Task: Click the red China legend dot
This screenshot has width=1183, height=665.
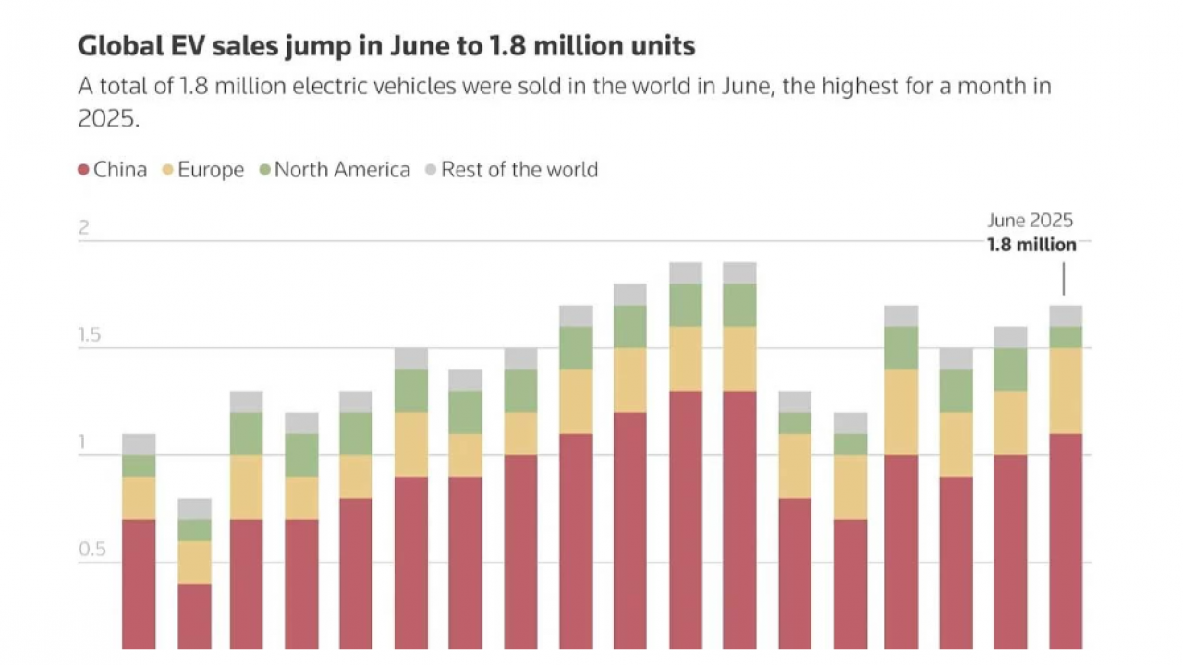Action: click(83, 170)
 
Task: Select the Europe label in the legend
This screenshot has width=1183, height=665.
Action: click(211, 170)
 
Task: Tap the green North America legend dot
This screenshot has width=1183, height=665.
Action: click(264, 170)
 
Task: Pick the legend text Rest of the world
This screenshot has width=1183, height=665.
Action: click(518, 170)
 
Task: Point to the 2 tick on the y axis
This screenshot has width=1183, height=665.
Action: click(83, 228)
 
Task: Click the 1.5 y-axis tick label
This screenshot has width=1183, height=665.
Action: click(89, 335)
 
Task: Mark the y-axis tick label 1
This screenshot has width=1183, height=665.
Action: click(81, 442)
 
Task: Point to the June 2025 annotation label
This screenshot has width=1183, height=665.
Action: click(1030, 221)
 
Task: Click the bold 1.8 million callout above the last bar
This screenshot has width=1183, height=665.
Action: click(1031, 245)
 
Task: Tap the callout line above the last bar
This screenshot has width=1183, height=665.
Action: click(1064, 279)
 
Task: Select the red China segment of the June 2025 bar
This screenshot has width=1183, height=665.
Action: click(1066, 540)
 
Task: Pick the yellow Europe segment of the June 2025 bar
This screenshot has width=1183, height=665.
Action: click(1066, 391)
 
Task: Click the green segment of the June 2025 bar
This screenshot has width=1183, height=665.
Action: click(1066, 337)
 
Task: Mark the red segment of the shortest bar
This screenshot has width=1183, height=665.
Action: click(194, 616)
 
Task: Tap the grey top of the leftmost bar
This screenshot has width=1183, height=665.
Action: click(139, 444)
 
